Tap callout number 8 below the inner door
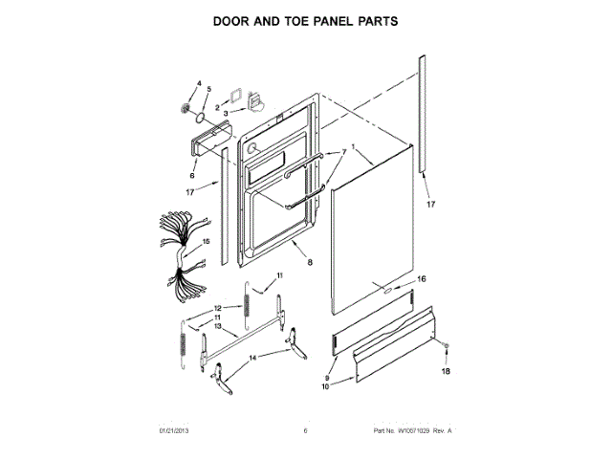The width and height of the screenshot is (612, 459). pyautogui.click(x=309, y=261)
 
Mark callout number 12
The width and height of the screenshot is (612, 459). pyautogui.click(x=218, y=307)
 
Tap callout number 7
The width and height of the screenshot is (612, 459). pyautogui.click(x=343, y=153)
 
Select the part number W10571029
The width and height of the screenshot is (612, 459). pyautogui.click(x=408, y=431)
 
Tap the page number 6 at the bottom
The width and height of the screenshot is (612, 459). pyautogui.click(x=305, y=431)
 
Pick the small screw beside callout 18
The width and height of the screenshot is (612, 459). pyautogui.click(x=446, y=342)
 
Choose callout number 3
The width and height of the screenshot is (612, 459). pyautogui.click(x=226, y=112)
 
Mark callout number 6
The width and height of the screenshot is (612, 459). pyautogui.click(x=192, y=176)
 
